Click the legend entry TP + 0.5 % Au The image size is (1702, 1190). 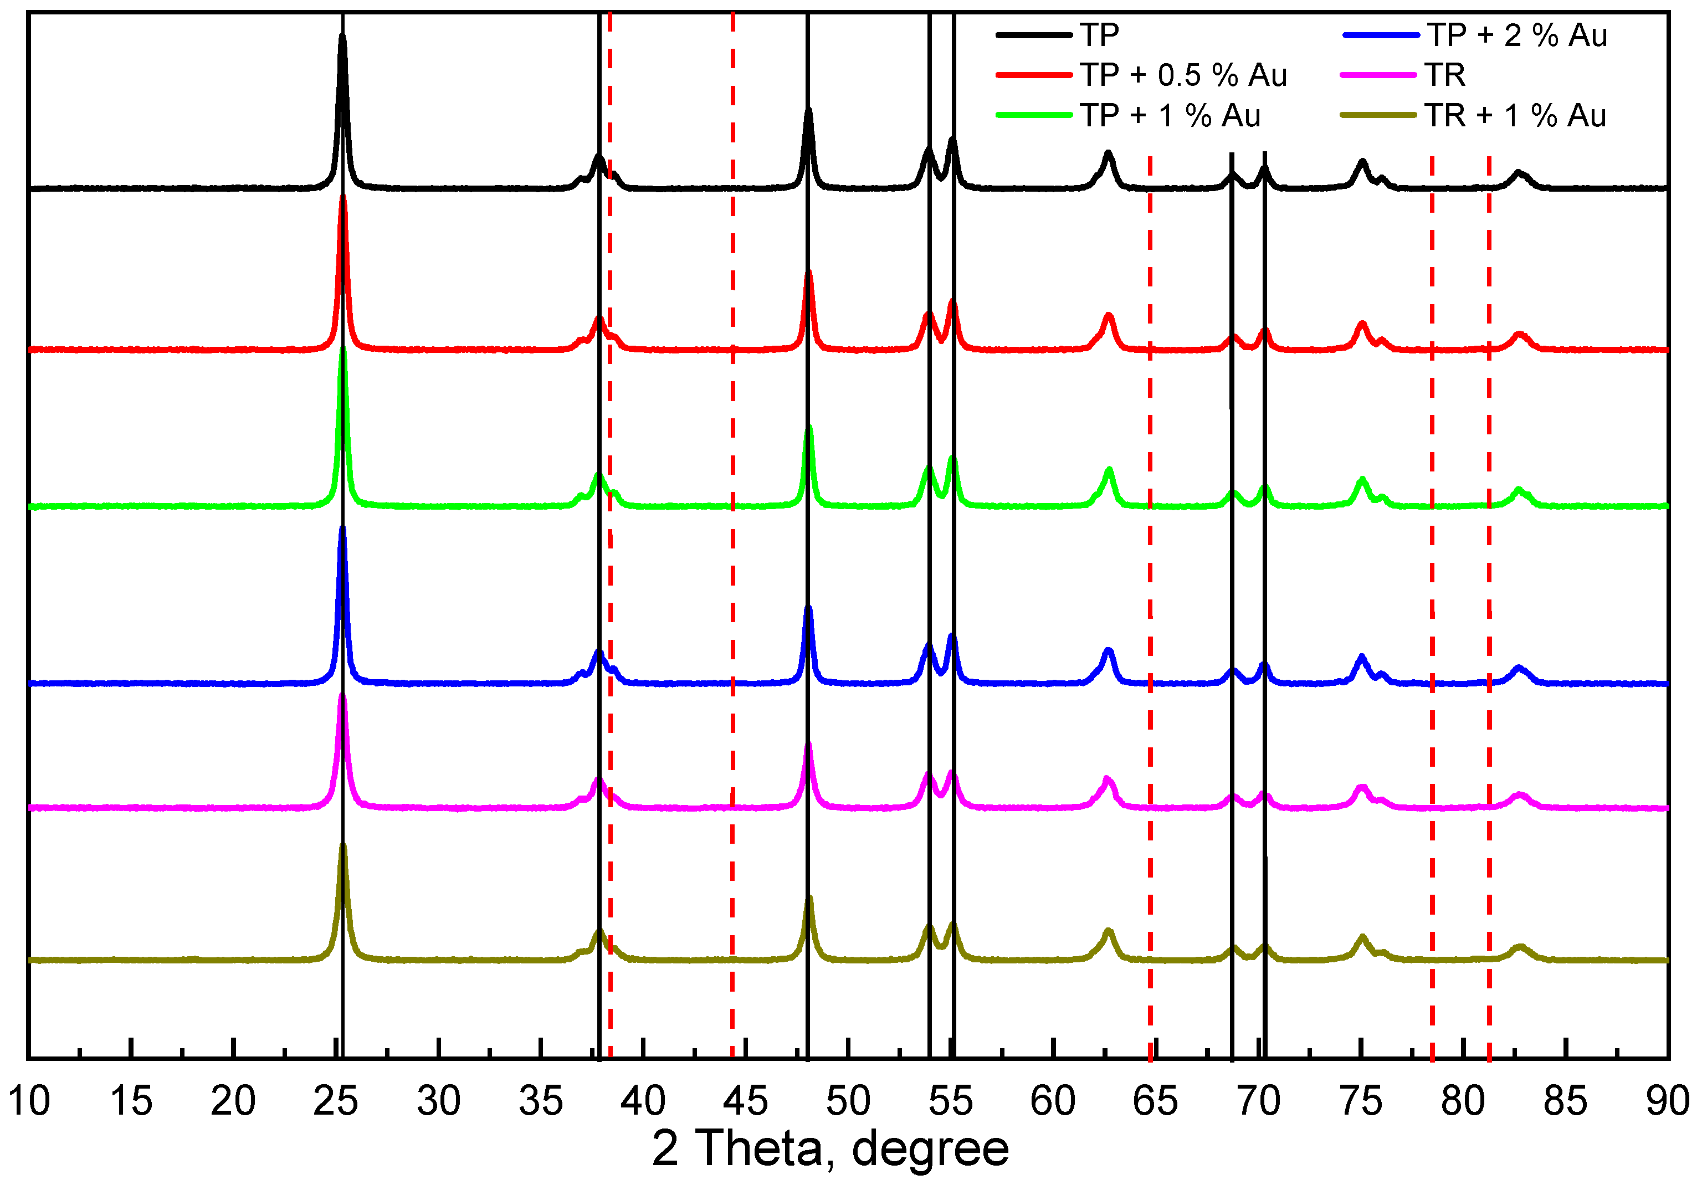tap(1183, 75)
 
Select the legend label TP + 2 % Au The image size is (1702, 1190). tap(1517, 35)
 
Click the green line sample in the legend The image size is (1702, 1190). tap(1033, 115)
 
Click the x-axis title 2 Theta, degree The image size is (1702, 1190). tap(831, 1148)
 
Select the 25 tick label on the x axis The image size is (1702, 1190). tap(335, 1101)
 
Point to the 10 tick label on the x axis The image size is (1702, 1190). tap(30, 1101)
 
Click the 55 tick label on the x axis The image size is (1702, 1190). tap(950, 1101)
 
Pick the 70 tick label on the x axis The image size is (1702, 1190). tap(1258, 1101)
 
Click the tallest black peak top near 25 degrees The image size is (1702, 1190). tap(342, 35)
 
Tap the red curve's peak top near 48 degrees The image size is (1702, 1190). tap(809, 273)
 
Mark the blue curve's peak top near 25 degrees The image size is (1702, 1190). tap(342, 529)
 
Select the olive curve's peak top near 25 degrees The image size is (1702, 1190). tap(342, 845)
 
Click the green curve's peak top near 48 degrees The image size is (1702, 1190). tap(809, 428)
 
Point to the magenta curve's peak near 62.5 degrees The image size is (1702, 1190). tap(1107, 779)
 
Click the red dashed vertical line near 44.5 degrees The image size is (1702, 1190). tap(732, 519)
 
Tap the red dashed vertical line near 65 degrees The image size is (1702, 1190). tap(1150, 593)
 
